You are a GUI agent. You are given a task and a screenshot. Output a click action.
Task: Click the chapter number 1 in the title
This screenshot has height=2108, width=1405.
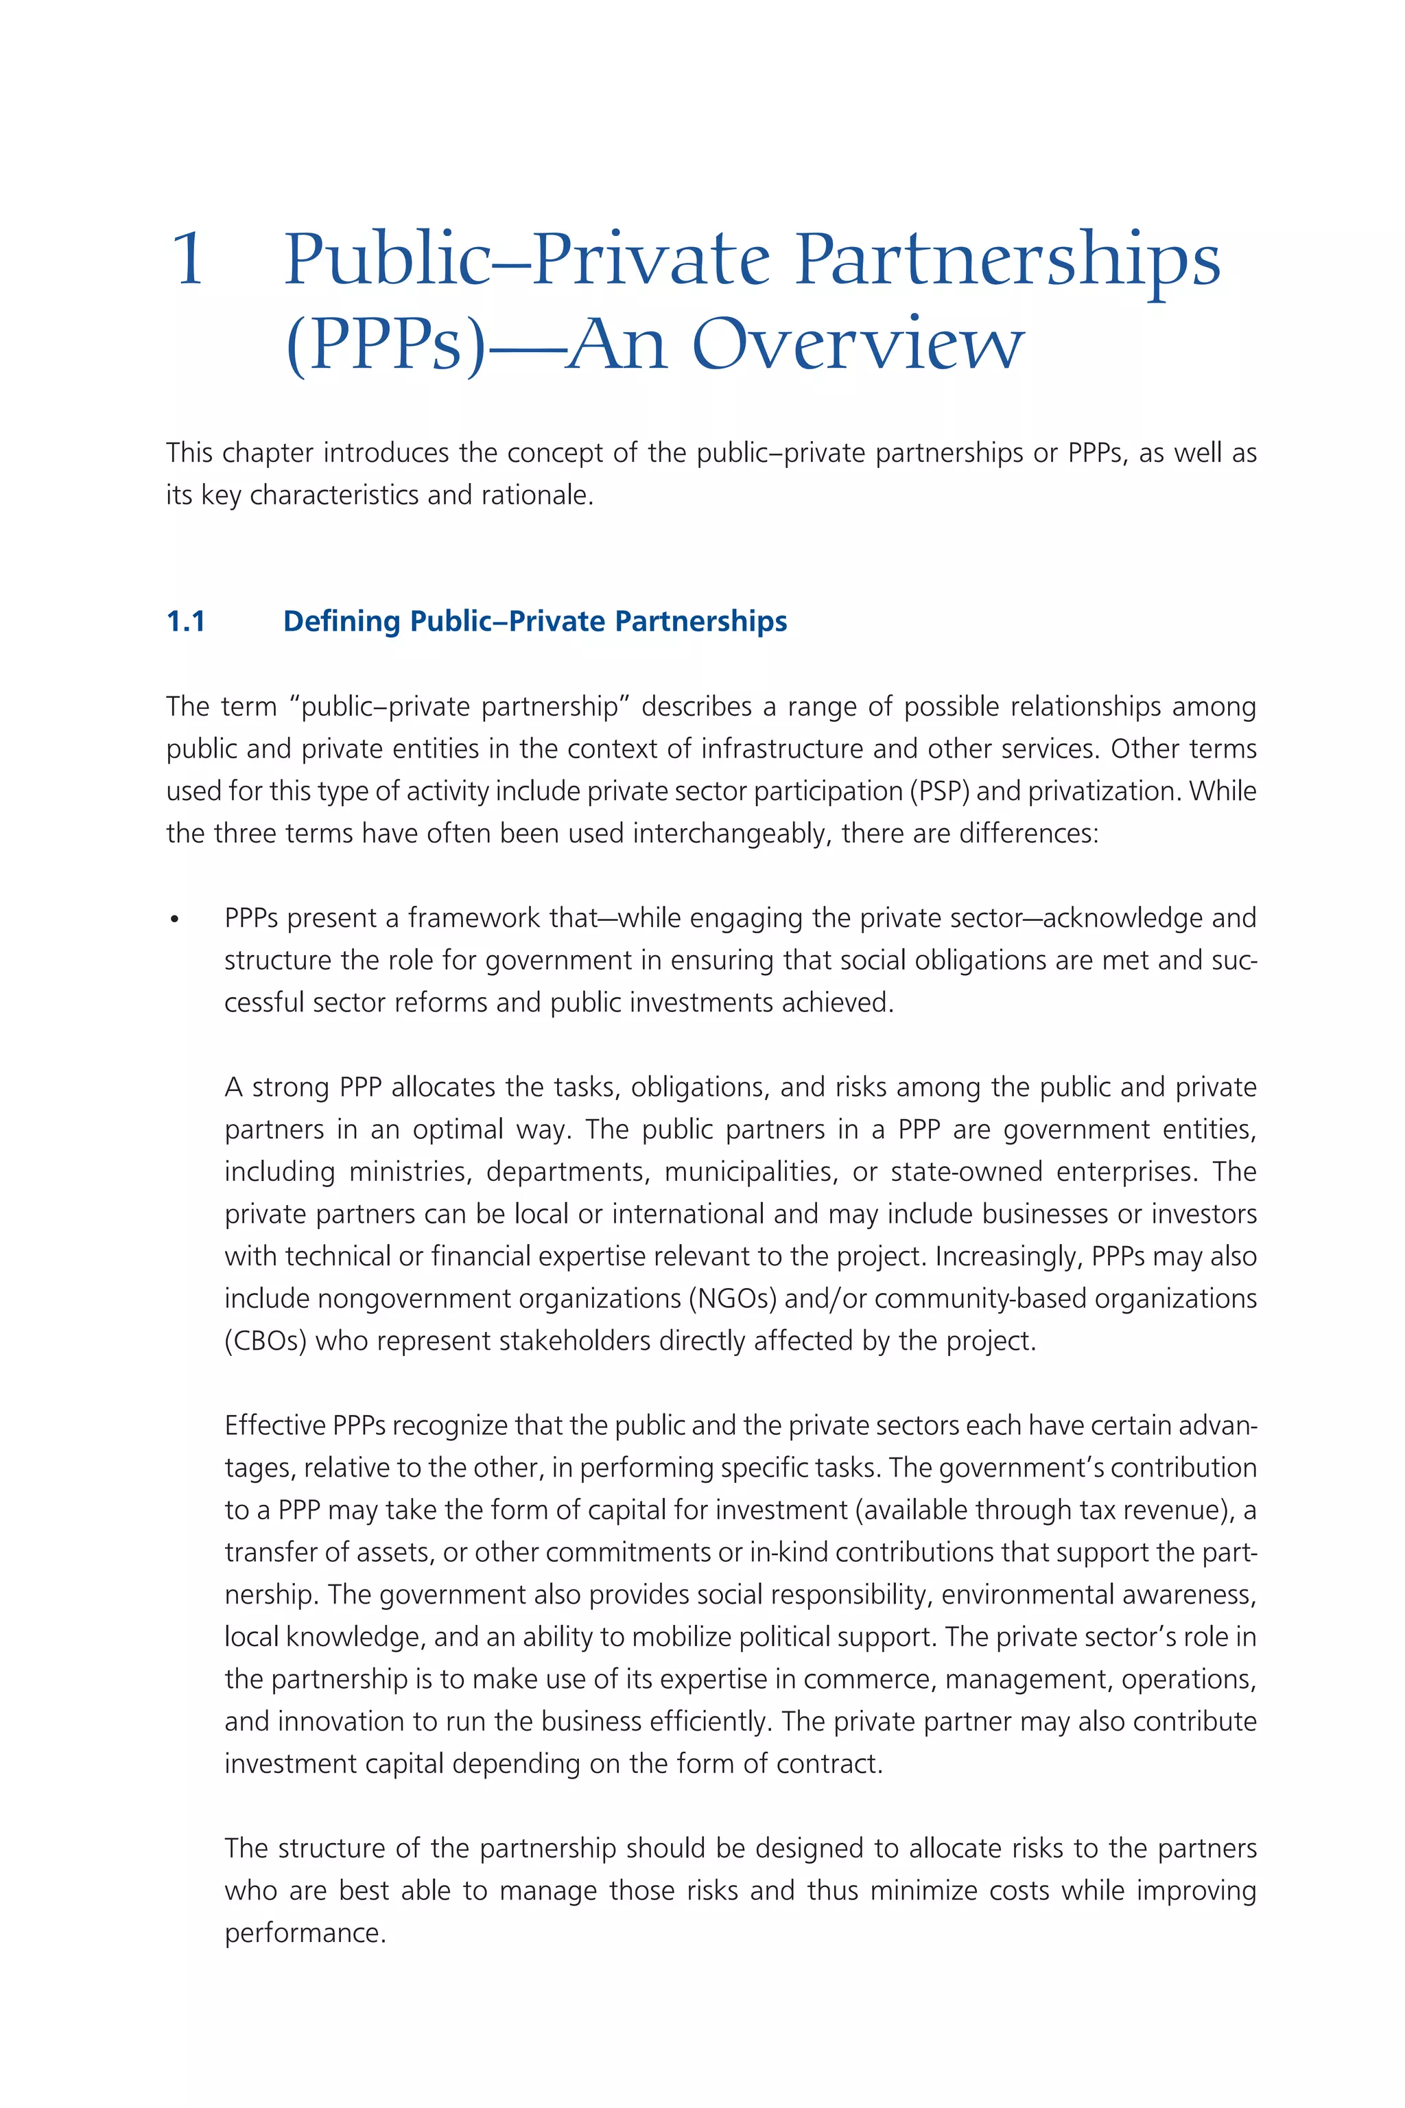pyautogui.click(x=188, y=260)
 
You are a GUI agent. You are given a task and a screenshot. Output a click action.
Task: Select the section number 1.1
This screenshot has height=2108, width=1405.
pyautogui.click(x=187, y=621)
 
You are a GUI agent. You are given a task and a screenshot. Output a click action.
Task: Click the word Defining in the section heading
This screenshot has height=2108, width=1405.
pyautogui.click(x=342, y=621)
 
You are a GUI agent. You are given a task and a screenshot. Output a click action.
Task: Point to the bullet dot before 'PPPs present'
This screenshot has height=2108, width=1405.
pyautogui.click(x=175, y=920)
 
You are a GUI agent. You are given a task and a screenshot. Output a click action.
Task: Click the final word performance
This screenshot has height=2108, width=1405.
pyautogui.click(x=305, y=1933)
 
